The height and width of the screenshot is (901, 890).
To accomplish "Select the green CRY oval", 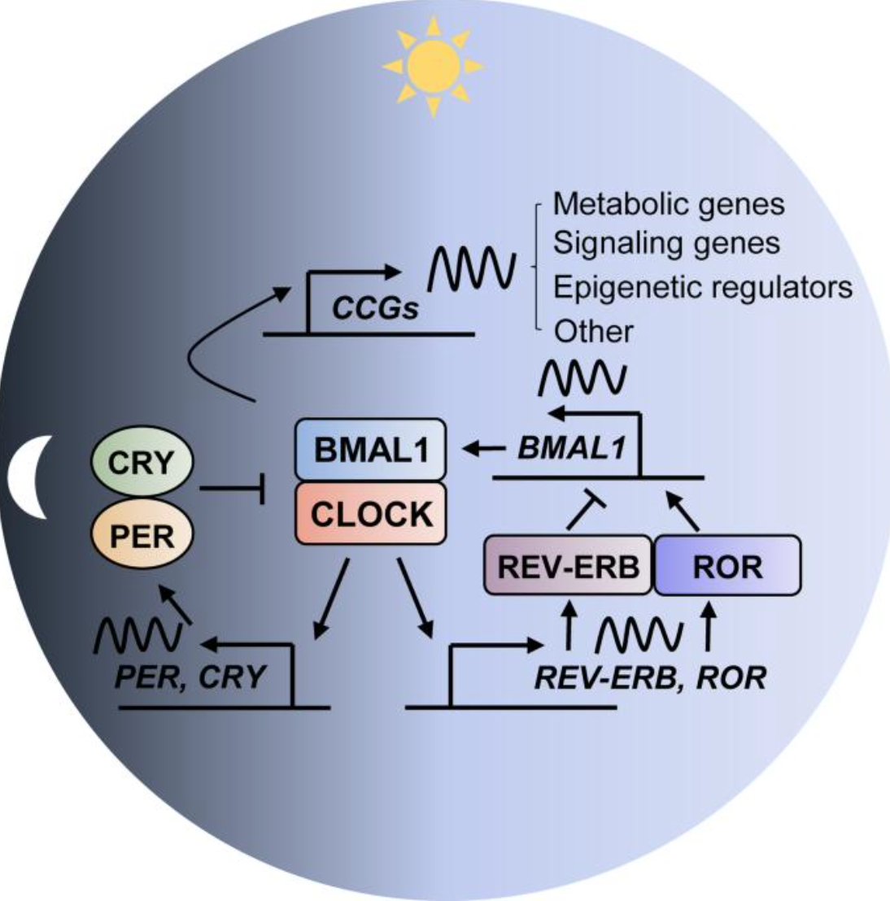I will (141, 463).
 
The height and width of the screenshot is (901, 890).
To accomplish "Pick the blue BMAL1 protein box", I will (370, 449).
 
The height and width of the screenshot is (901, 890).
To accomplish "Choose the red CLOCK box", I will (370, 514).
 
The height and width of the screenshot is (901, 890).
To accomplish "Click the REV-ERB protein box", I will (569, 566).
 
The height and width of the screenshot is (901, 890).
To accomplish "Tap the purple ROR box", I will (727, 566).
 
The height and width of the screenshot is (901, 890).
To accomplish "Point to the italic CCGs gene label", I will (376, 309).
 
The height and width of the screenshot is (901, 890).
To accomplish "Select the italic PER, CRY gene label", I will (190, 677).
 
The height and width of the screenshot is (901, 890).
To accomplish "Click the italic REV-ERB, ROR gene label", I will (649, 677).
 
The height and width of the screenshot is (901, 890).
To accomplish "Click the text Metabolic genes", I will (669, 203).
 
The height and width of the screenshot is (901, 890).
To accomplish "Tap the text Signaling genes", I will (666, 243).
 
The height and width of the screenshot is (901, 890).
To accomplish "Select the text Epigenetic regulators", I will (703, 287).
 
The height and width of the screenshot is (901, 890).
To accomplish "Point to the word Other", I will (593, 331).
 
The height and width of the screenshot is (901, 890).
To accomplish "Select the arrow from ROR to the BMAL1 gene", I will (683, 512).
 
